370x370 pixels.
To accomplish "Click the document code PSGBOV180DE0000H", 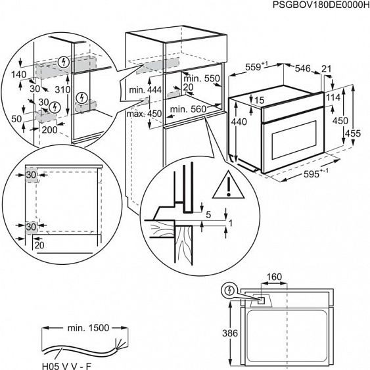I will [x=317, y=5].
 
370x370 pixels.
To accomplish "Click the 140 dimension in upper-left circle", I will [x=18, y=75].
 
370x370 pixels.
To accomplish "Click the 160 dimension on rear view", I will [x=274, y=277].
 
